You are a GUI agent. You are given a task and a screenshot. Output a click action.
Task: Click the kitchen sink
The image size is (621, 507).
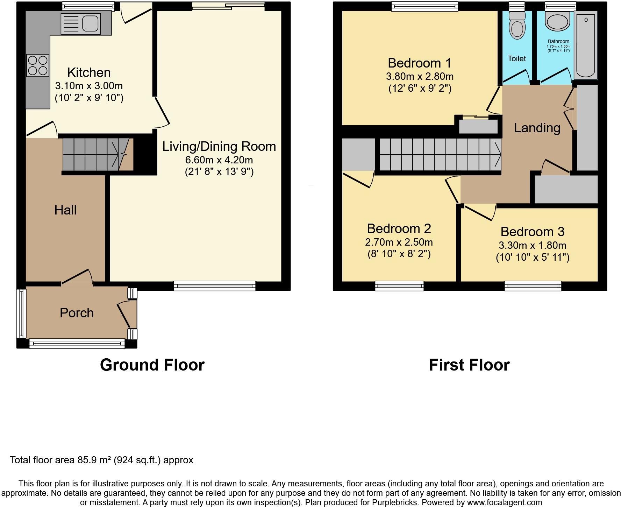pyautogui.click(x=81, y=24)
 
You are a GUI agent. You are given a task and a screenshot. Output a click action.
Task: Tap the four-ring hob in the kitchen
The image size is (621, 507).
pyautogui.click(x=38, y=65)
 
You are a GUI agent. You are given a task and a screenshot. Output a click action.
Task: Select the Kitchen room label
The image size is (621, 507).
pyautogui.click(x=89, y=72)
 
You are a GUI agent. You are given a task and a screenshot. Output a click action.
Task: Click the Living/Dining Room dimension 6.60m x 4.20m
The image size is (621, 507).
pyautogui.click(x=219, y=160)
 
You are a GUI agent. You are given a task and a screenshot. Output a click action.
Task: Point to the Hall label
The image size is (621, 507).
pyautogui.click(x=65, y=210)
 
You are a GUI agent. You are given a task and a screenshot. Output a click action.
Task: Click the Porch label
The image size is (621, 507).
pyautogui.click(x=77, y=313)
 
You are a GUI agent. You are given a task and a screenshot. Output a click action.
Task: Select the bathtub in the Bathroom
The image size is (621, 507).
pyautogui.click(x=586, y=44)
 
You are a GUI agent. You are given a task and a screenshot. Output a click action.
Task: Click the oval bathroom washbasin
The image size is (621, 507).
pyautogui.click(x=558, y=22)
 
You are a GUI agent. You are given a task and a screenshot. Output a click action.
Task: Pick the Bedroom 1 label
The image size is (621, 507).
pyautogui.click(x=420, y=63)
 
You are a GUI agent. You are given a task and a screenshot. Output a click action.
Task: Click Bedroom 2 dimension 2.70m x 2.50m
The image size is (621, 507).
pyautogui.click(x=399, y=242)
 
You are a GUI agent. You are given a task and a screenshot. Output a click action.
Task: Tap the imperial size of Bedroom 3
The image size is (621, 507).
pyautogui.click(x=533, y=258)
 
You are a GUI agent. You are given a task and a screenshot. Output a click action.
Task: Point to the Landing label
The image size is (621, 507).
pyautogui.click(x=537, y=128)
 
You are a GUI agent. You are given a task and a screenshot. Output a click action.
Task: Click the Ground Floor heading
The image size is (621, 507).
pyautogui.click(x=152, y=365)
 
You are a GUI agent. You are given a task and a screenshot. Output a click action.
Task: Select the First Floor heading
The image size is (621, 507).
pyautogui.click(x=469, y=365)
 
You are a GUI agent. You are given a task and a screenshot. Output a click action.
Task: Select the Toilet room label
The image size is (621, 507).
pyautogui.click(x=517, y=58)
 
